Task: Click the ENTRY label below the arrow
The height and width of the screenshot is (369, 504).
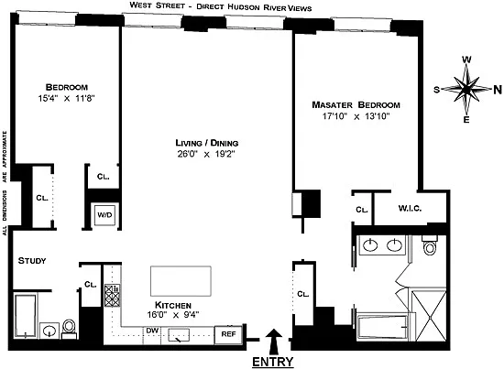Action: click(272, 362)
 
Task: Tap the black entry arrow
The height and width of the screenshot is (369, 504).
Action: click(274, 341)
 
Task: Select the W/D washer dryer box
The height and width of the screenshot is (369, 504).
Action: click(104, 214)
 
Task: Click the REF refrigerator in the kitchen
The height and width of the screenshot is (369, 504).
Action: click(228, 334)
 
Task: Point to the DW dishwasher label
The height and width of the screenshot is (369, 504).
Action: click(152, 331)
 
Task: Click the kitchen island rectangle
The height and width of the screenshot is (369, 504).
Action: click(181, 281)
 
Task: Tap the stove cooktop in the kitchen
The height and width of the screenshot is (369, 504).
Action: click(112, 295)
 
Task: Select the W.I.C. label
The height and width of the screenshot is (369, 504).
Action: click(410, 209)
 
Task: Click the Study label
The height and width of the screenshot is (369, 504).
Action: click(32, 261)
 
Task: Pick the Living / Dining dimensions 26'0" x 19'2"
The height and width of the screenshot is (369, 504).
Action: click(206, 154)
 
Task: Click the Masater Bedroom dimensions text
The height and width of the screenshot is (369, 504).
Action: click(356, 116)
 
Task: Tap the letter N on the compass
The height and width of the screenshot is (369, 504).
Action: click(498, 90)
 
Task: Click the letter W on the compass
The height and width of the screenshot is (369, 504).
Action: click(466, 60)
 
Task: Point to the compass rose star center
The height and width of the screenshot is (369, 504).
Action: click(466, 90)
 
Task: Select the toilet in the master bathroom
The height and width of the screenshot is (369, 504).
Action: click(430, 244)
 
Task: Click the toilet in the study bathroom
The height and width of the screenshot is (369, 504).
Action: click(69, 328)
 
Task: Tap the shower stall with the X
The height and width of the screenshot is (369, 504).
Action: click(429, 316)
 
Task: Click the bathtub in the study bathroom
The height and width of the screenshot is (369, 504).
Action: click(26, 316)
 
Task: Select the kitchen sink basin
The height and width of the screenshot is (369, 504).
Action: click(179, 335)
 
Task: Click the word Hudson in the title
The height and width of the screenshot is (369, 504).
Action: click(244, 7)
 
